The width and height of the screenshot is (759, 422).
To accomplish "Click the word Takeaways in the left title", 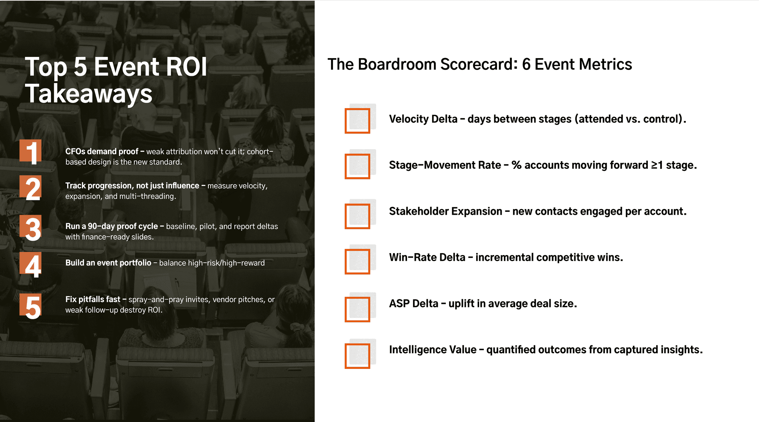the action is pyautogui.click(x=89, y=94).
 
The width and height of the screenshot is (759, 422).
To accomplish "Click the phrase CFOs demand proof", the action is pyautogui.click(x=102, y=151).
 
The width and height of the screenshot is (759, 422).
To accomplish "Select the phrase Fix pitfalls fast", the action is pyautogui.click(x=93, y=299).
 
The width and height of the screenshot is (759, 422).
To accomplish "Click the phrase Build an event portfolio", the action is pyautogui.click(x=108, y=263).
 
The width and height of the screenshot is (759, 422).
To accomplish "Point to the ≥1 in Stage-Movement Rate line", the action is pyautogui.click(x=657, y=165).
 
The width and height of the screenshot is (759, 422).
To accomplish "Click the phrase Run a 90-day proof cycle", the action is pyautogui.click(x=112, y=227).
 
